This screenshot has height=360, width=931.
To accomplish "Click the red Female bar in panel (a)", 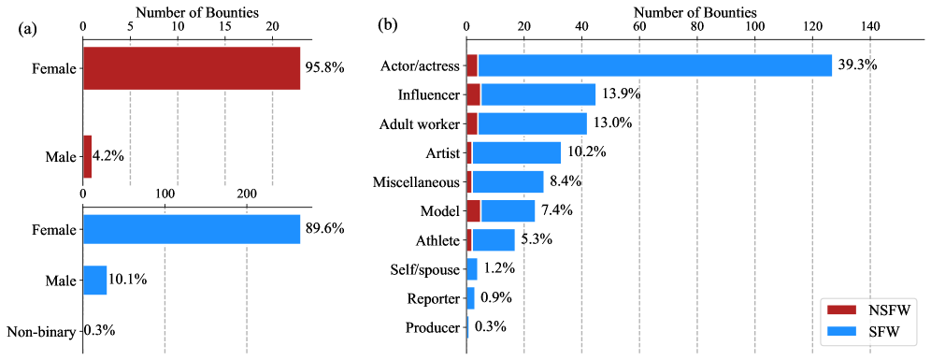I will pyautogui.click(x=192, y=68).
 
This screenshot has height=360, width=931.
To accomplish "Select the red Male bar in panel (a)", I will pyautogui.click(x=87, y=156).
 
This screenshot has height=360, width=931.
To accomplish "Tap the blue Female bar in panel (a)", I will pyautogui.click(x=192, y=229).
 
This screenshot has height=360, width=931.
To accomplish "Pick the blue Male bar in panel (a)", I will pyautogui.click(x=94, y=280).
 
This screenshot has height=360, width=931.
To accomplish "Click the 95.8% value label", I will pyautogui.click(x=325, y=68).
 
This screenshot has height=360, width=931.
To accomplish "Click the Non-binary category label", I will pyautogui.click(x=41, y=330).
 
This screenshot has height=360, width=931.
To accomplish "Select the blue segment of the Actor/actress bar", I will pyautogui.click(x=654, y=65).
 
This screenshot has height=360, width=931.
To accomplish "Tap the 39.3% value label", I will pyautogui.click(x=858, y=65).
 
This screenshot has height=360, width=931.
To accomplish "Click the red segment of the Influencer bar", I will pyautogui.click(x=473, y=94).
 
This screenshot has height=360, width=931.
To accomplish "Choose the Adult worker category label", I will pyautogui.click(x=420, y=123).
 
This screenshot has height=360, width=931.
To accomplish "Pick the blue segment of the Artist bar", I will pyautogui.click(x=516, y=152).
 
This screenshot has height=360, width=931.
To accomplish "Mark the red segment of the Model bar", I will pyautogui.click(x=473, y=210).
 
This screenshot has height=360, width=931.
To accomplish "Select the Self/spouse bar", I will pyautogui.click(x=471, y=269).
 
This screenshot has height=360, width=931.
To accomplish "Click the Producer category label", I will pyautogui.click(x=433, y=327).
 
